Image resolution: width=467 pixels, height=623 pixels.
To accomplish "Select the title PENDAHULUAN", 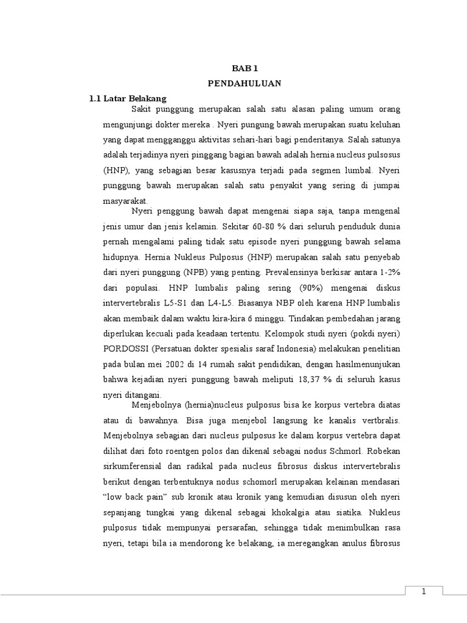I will coord(251,83).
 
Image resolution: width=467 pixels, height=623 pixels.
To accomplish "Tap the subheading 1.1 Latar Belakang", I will coord(128,98).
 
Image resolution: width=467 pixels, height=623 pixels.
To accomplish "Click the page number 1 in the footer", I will coord(423,592).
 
